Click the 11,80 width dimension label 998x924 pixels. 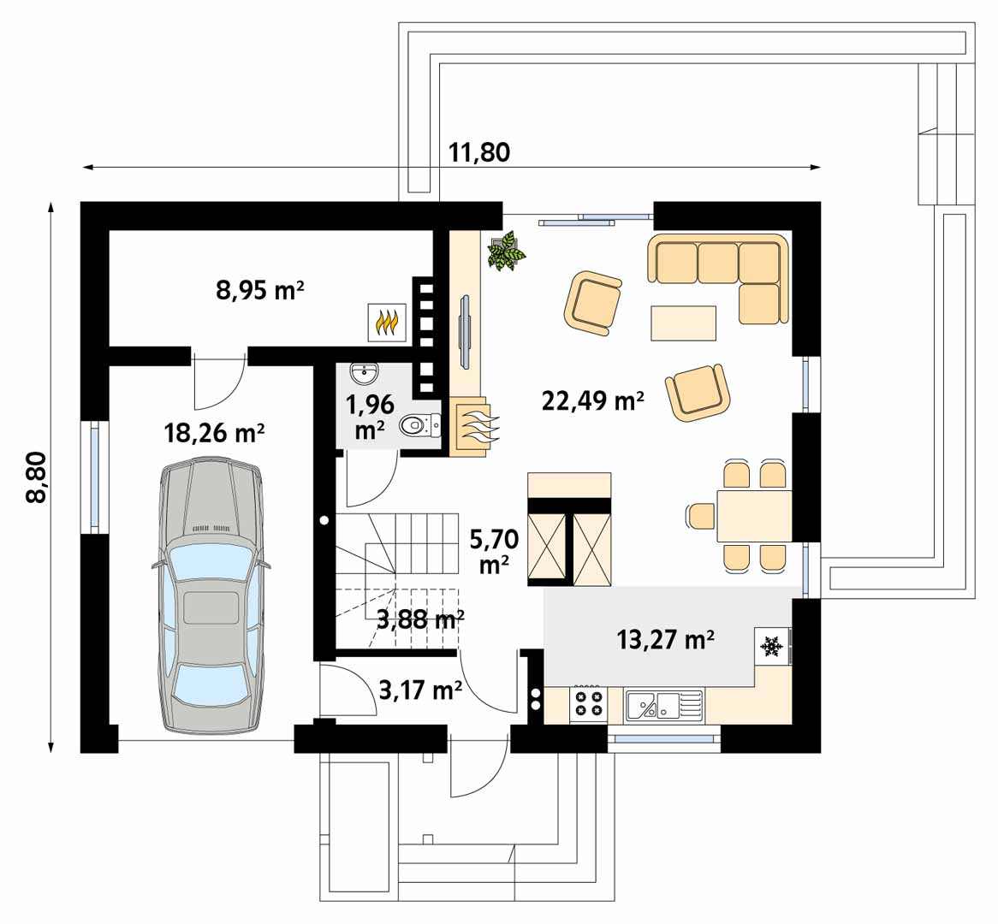pos(479,153)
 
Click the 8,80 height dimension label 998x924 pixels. pos(37,477)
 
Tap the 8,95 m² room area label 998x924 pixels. pos(259,291)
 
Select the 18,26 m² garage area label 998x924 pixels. pos(214,434)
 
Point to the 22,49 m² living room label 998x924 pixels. pos(592,400)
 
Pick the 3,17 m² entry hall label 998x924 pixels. pos(420,690)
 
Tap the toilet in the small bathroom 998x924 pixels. pos(420,425)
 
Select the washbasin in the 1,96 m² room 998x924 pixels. pos(364,374)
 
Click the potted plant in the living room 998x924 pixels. pos(507,251)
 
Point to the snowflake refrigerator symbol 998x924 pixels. pos(772,647)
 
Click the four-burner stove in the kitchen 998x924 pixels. pos(588,703)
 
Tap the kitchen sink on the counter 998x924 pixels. pos(664,705)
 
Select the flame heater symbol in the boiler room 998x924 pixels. pos(387,322)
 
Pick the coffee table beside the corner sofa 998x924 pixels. pos(684,323)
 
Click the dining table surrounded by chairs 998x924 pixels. pos(754,515)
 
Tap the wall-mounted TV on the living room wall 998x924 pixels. pos(466,331)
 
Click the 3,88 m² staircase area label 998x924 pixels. pos(420,619)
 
